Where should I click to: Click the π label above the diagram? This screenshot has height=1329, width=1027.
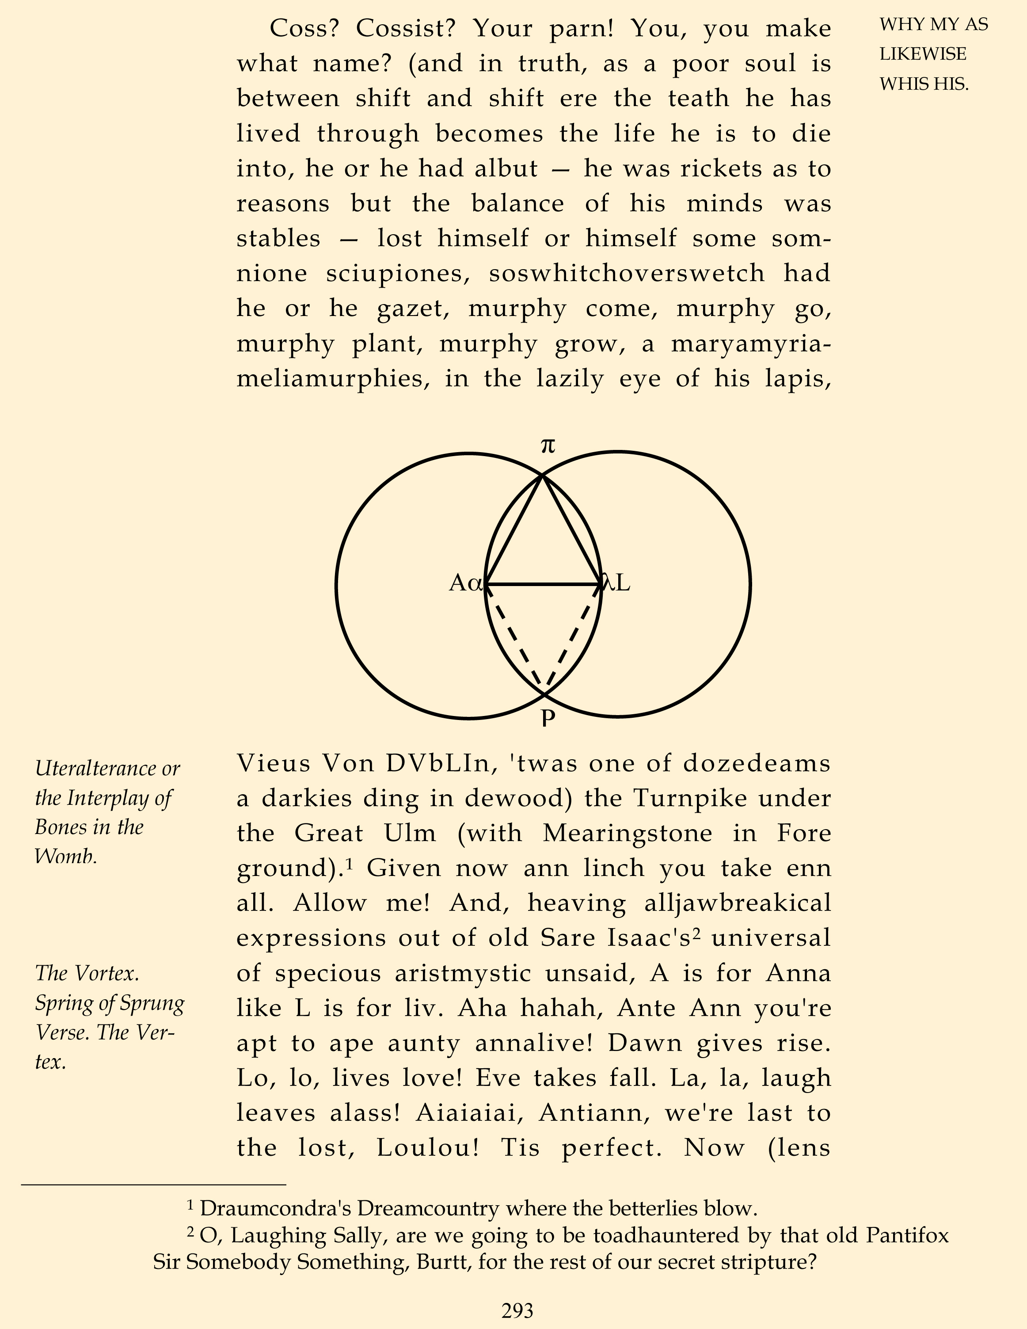click(x=548, y=446)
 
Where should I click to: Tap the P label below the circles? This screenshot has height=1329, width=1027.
click(x=548, y=718)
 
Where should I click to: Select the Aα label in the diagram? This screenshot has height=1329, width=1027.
click(x=466, y=583)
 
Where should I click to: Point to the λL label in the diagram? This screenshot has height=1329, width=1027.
click(x=616, y=583)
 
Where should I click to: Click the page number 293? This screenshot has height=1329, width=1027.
click(x=517, y=1309)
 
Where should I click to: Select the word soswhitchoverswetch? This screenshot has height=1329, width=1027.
click(x=627, y=273)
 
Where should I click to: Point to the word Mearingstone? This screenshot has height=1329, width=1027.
click(x=627, y=833)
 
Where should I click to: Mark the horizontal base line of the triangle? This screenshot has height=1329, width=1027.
click(x=543, y=585)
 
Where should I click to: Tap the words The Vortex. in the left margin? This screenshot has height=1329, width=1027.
click(x=87, y=973)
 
